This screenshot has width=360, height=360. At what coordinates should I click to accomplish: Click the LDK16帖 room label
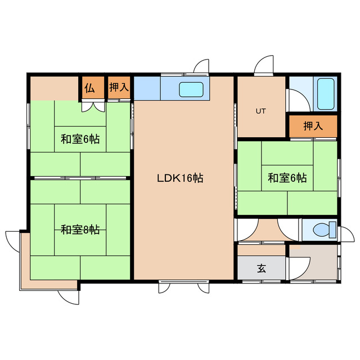click(x=179, y=179)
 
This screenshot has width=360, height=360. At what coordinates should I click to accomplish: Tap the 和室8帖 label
click(x=80, y=229)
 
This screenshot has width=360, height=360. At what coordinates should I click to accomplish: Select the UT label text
click(x=260, y=111)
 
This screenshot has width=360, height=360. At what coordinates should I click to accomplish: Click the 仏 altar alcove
click(x=90, y=88)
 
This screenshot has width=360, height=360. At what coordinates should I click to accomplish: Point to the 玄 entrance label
click(x=262, y=268)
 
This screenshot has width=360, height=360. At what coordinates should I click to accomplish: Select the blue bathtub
click(x=326, y=94)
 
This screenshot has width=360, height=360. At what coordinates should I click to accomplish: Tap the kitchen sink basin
click(x=191, y=89)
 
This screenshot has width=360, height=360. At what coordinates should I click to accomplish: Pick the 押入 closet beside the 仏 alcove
click(x=119, y=88)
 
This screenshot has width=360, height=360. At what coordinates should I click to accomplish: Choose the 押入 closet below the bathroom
click(x=313, y=126)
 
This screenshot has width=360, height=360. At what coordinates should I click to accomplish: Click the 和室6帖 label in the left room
click(x=80, y=138)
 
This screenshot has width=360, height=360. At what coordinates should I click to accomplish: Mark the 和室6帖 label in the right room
click(x=287, y=178)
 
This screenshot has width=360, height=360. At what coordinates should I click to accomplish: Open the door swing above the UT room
click(x=262, y=66)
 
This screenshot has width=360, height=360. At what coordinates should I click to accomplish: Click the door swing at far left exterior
click(x=12, y=238)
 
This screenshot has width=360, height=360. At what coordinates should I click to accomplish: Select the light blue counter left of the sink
click(x=147, y=88)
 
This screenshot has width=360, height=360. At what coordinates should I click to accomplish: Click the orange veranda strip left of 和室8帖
click(x=25, y=259)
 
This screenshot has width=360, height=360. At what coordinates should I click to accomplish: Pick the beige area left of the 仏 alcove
click(x=54, y=88)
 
